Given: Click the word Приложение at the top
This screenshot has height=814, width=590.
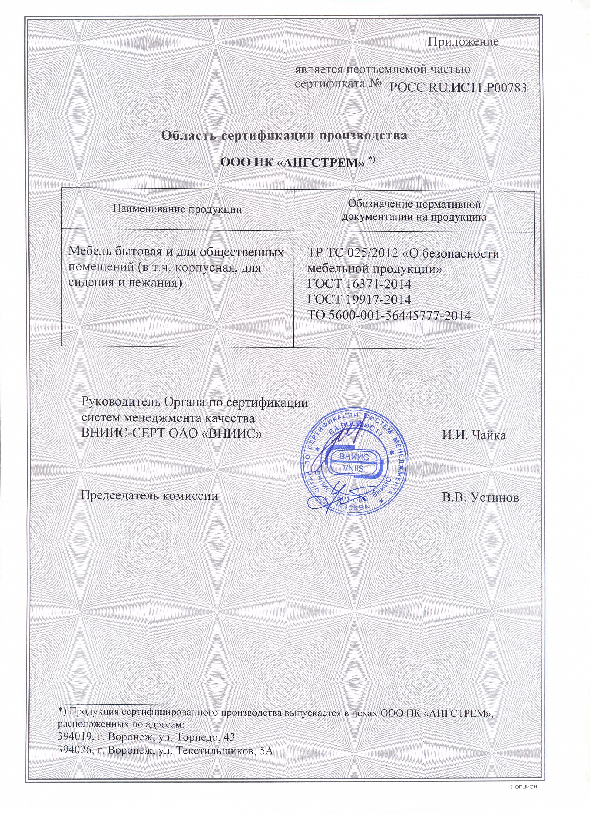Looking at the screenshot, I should (x=463, y=41).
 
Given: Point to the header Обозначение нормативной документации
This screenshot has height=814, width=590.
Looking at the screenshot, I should (x=414, y=210).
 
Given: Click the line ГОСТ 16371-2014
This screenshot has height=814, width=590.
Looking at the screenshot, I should (x=359, y=284).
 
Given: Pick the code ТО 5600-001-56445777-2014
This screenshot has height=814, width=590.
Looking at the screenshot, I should (x=389, y=316).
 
